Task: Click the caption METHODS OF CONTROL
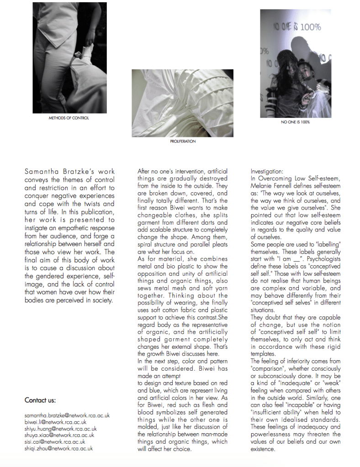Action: click(69, 118)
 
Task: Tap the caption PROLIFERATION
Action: click(182, 141)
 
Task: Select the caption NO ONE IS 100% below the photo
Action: click(295, 122)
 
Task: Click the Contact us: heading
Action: click(40, 400)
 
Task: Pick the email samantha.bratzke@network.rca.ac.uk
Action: click(67, 416)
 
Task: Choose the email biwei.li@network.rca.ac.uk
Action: click(55, 422)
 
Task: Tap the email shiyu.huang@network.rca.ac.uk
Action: click(61, 429)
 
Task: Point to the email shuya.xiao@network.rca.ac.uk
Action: click(59, 435)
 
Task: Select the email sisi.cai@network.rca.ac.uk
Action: click(55, 441)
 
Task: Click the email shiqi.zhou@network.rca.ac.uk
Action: click(59, 448)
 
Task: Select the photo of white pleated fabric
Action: click(182, 103)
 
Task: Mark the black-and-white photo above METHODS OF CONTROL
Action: click(69, 58)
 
